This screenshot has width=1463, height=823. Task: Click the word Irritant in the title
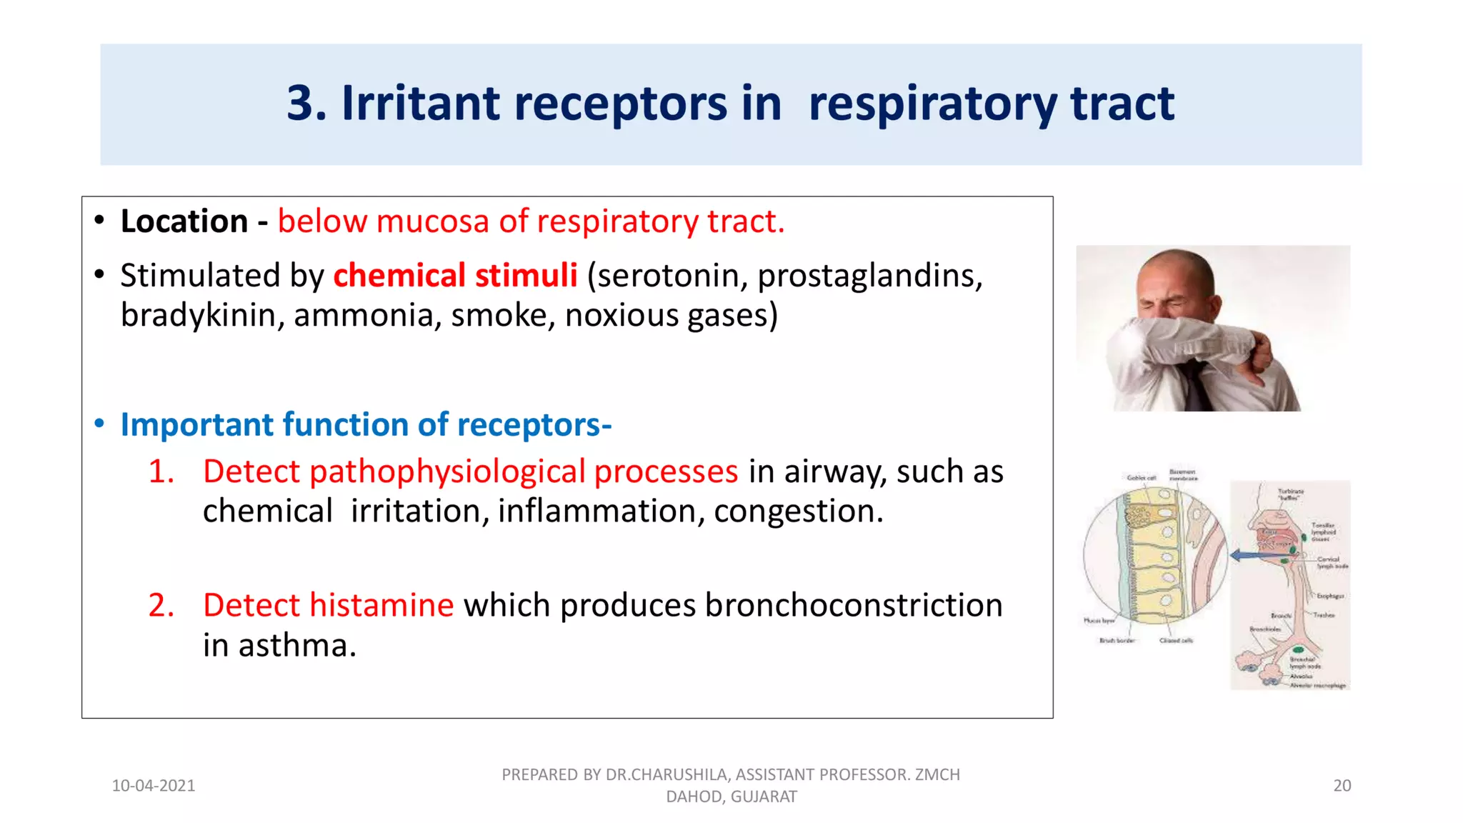420,103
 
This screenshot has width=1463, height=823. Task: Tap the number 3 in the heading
300,104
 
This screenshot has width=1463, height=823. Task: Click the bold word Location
184,221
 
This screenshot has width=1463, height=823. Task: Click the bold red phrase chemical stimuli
455,276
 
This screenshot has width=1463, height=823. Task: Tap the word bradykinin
198,316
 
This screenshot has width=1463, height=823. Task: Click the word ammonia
363,316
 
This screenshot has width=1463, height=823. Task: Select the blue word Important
196,424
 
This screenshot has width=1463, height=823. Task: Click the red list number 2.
161,606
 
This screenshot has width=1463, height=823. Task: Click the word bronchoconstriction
853,606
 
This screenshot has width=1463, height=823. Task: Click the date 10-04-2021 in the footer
154,786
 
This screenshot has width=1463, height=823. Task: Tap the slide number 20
1342,786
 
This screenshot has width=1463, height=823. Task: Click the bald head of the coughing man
1177,268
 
